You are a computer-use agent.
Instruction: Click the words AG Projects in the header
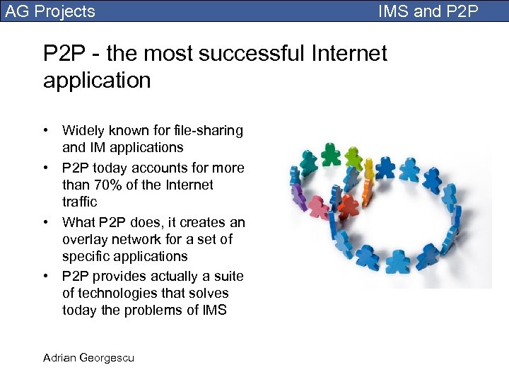pos(49,11)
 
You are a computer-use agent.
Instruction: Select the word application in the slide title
pos(97,80)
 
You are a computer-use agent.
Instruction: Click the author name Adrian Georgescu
pos(88,357)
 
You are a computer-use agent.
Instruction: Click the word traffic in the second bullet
pos(80,202)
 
